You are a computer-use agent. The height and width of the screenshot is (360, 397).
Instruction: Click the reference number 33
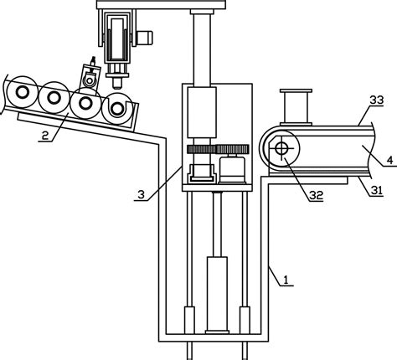click(x=377, y=100)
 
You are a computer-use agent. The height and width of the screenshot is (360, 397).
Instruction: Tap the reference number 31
click(x=376, y=190)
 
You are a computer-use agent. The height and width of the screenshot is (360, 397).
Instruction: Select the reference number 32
click(x=316, y=195)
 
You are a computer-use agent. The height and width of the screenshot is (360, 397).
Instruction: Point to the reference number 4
click(x=390, y=160)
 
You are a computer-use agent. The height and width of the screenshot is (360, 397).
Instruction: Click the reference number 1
click(x=286, y=280)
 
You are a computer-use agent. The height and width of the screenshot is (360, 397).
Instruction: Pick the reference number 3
click(x=142, y=194)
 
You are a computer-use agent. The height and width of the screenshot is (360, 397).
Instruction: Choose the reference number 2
click(x=45, y=136)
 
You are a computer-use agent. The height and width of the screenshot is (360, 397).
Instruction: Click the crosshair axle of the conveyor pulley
click(x=281, y=148)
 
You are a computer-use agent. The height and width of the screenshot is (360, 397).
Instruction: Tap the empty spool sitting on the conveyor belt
click(x=296, y=107)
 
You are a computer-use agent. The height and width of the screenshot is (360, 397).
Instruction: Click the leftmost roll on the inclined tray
click(x=22, y=92)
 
